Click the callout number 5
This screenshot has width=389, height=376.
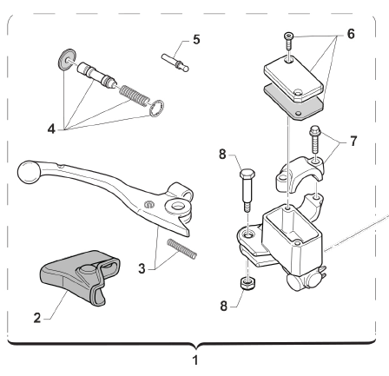point(196,39)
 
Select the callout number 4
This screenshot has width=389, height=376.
point(51,129)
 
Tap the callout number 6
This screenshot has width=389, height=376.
point(351,34)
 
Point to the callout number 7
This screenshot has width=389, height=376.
point(353,142)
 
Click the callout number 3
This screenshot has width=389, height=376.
point(142,268)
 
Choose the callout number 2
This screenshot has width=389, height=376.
point(37,318)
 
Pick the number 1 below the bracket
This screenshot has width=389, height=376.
point(195,360)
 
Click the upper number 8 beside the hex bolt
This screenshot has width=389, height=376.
point(222,155)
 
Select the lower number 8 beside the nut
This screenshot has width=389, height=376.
point(224,306)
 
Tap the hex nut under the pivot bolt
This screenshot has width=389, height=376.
point(247,283)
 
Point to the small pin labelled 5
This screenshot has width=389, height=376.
point(175,63)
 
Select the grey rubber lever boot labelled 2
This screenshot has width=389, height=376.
point(80,277)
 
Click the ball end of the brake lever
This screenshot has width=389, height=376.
point(28,172)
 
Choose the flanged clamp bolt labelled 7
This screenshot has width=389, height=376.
point(314,140)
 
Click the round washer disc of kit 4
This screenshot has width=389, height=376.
point(66,59)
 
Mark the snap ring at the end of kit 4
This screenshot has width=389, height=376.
point(157,109)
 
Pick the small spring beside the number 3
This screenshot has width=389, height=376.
point(182,248)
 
